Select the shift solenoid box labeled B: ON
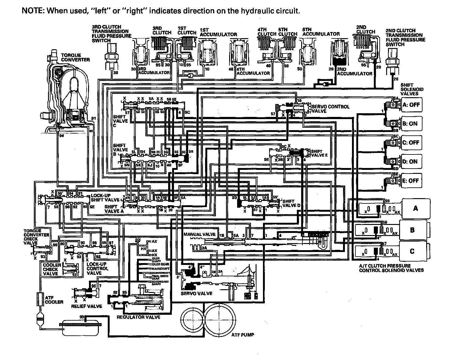(410, 124)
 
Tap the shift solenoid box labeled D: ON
(410, 162)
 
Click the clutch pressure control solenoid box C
(412, 251)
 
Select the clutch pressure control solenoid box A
(415, 208)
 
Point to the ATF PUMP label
(243, 334)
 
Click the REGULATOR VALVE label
(139, 317)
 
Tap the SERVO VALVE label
(196, 294)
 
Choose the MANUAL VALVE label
(200, 234)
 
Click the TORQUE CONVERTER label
(75, 57)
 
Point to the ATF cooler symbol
(39, 299)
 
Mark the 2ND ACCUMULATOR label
(355, 72)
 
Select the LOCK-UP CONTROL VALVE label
(98, 268)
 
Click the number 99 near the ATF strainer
(82, 317)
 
